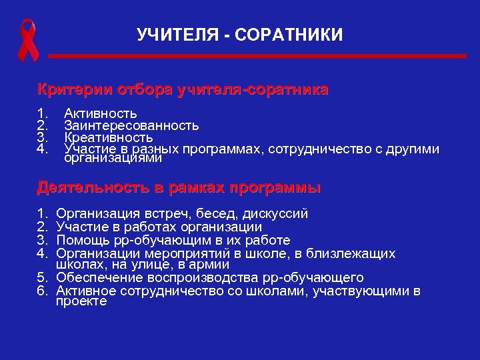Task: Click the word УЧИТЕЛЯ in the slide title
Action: coord(171,33)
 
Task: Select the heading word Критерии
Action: coord(75,89)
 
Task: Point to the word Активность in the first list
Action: coord(101,114)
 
